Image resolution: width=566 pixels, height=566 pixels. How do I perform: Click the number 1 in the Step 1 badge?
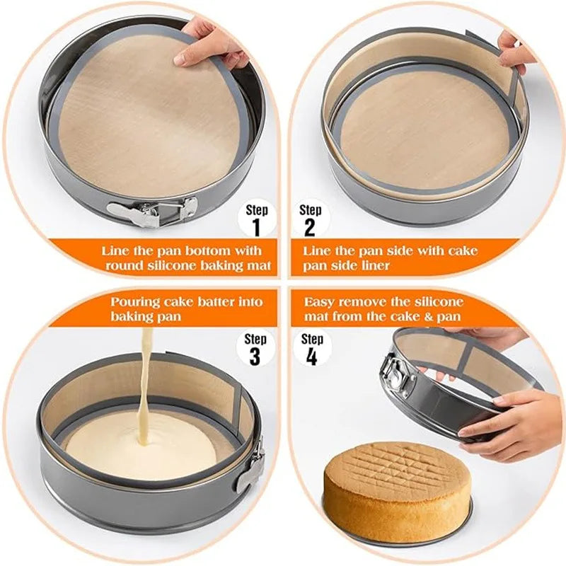pos(256,226)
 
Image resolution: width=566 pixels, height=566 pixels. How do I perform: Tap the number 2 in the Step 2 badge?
pos(310,226)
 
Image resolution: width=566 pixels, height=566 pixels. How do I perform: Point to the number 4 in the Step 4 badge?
pos(310,356)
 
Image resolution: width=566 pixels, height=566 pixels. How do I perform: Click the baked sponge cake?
pos(396,488)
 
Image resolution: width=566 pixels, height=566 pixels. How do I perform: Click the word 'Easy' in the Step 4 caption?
pos(320,301)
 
